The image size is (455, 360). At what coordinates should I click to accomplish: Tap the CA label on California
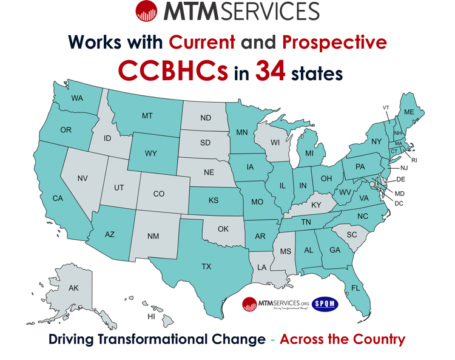[58, 199]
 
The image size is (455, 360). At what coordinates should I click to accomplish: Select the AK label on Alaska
[73, 288]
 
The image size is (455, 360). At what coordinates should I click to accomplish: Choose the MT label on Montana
[147, 116]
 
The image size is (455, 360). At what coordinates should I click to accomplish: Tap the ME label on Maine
[409, 112]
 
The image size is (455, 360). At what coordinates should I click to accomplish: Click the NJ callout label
[403, 168]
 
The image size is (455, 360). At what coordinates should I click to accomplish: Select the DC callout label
[399, 203]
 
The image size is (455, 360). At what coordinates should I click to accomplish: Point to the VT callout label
[385, 107]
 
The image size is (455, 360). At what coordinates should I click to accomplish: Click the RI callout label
[414, 160]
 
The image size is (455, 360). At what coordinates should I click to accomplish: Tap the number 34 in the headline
[272, 72]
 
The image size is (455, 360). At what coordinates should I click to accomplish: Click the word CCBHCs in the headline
[174, 72]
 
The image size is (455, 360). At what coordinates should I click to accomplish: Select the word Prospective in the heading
[335, 42]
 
